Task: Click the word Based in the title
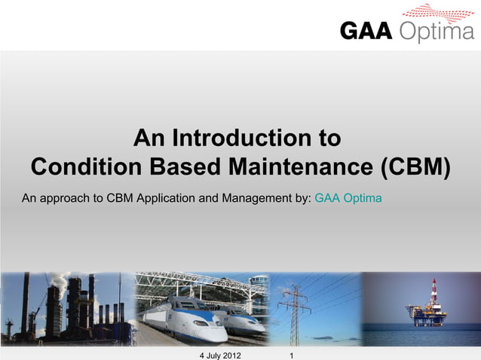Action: tap(185, 166)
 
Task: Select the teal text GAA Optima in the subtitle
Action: tap(348, 199)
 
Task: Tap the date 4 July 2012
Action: tap(219, 354)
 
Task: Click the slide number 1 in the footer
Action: tap(291, 354)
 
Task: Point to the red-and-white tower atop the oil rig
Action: tap(434, 289)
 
